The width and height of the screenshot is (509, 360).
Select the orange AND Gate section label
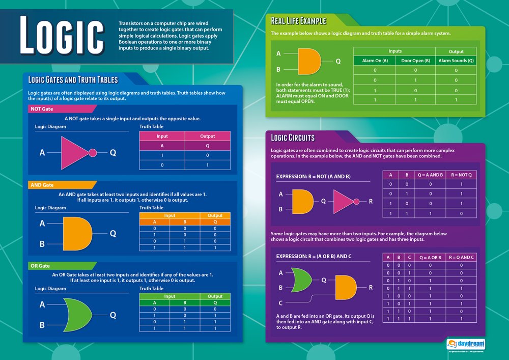coord(42,185)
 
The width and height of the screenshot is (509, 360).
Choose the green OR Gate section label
coord(41,266)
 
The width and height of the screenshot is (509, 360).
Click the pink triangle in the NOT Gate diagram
coord(75,152)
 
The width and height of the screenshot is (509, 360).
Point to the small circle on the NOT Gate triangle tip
coord(93,152)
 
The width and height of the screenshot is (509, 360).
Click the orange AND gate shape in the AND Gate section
coord(77,233)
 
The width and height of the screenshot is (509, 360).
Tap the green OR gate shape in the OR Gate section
coord(77,315)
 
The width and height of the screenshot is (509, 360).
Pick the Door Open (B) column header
coord(415,61)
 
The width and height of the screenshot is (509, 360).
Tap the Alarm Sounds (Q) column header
coord(456,61)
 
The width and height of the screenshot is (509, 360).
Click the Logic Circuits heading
coord(293,137)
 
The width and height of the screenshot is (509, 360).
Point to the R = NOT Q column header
coord(461,174)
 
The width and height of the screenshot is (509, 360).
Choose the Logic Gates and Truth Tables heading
coord(73,79)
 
